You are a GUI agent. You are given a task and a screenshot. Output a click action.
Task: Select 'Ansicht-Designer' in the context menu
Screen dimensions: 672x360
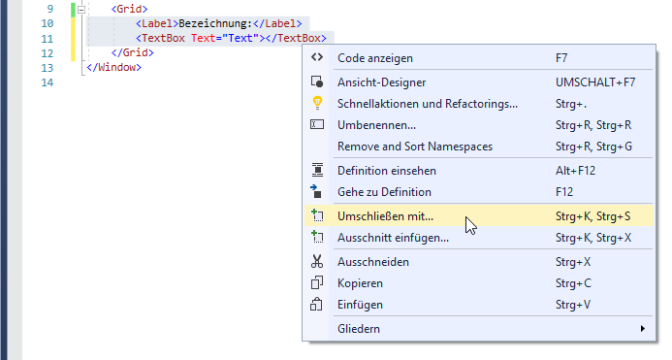click(381, 83)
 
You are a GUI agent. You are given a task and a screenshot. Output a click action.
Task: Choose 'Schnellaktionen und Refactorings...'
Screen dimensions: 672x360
click(427, 104)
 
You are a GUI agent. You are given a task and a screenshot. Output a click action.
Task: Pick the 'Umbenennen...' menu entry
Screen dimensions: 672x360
click(376, 125)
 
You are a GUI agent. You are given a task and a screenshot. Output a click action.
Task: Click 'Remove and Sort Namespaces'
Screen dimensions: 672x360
click(415, 147)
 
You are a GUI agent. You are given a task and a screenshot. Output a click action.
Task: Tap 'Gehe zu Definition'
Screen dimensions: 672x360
click(384, 192)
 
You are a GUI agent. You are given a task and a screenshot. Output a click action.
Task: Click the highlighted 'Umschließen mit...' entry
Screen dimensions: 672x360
click(385, 216)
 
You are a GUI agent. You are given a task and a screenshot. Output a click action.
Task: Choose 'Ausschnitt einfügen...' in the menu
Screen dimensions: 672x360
click(393, 238)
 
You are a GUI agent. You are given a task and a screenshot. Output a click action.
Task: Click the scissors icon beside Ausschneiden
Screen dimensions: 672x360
click(316, 262)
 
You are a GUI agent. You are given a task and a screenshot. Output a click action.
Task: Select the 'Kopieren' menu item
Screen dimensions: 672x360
click(360, 283)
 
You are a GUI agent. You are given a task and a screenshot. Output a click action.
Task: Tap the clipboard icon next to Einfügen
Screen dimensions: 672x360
click(316, 305)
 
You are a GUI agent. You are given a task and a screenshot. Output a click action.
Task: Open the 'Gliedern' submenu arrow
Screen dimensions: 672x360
click(642, 329)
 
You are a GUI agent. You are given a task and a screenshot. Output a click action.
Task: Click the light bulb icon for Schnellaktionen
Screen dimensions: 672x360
click(316, 104)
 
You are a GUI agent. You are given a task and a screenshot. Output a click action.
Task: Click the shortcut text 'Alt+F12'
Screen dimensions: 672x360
click(577, 171)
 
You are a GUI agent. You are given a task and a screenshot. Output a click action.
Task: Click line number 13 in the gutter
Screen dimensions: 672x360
click(48, 68)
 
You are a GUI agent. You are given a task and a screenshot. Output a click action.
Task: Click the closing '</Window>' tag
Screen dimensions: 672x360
click(113, 68)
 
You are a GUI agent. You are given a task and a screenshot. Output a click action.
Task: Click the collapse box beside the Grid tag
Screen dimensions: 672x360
click(81, 8)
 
